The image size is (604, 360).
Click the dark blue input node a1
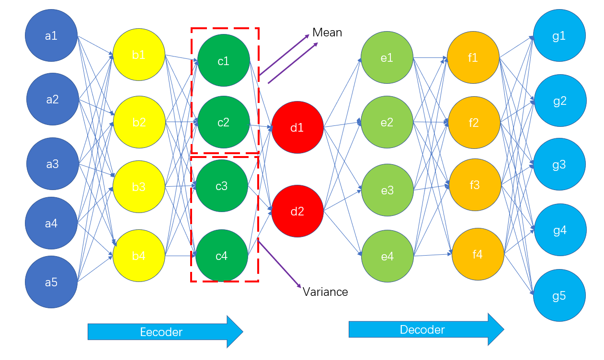coord(51,35)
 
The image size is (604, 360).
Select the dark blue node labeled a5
coord(51,281)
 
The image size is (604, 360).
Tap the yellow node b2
coord(139,122)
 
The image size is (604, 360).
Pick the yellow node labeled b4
coord(139,256)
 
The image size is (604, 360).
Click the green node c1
coord(223,60)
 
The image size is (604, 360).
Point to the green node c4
coord(222,256)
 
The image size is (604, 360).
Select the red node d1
coord(297,127)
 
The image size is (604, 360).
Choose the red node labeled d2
coord(297,211)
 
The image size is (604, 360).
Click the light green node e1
coord(387,57)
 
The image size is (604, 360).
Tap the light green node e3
coord(387,190)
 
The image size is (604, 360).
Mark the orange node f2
coord(474,123)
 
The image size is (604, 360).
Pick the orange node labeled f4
coord(478,254)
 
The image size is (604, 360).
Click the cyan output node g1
coord(559,35)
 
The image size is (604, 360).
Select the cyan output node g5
coord(559,295)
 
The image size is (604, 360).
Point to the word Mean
coord(327,33)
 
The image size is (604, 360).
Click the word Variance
coord(325,292)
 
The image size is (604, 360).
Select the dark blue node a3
coord(52,164)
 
